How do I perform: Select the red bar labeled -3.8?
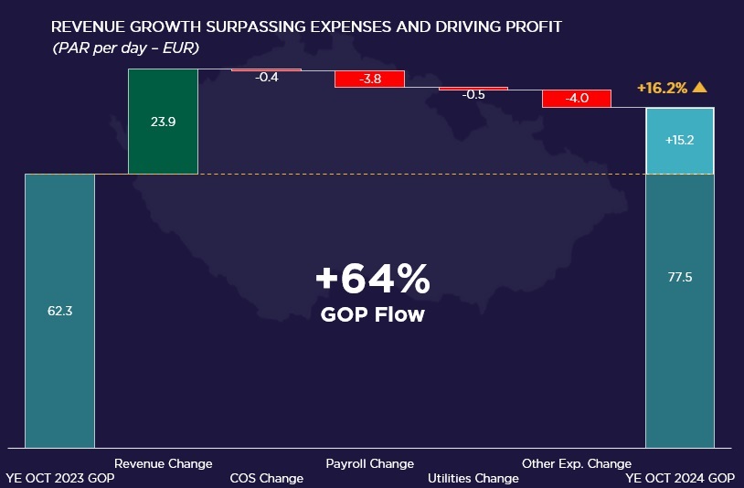click(369, 79)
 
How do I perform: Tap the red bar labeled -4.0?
click(576, 99)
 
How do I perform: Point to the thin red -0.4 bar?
click(266, 69)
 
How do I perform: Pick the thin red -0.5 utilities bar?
click(473, 89)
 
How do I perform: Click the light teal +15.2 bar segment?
click(680, 141)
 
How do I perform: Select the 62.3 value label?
click(59, 311)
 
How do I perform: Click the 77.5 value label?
click(680, 277)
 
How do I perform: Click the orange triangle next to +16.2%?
click(700, 88)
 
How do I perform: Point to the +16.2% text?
click(662, 89)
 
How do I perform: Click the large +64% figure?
click(371, 280)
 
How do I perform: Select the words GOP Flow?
click(371, 314)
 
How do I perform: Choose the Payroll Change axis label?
click(369, 463)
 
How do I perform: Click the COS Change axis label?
click(266, 478)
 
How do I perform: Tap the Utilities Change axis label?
click(473, 478)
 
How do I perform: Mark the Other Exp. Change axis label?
click(576, 463)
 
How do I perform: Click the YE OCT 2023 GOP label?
click(60, 478)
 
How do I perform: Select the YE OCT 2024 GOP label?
click(680, 478)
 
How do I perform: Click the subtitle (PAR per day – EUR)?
click(126, 46)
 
